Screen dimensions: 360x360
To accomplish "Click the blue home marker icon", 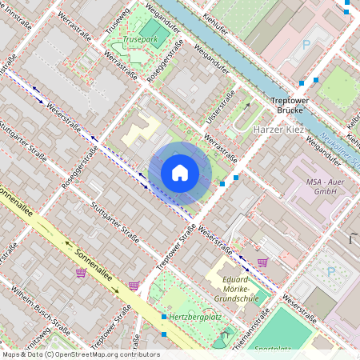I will pos(180,173).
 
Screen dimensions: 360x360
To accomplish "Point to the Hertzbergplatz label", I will pos(190,318).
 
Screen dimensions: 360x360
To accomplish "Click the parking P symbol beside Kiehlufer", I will pos(305,46).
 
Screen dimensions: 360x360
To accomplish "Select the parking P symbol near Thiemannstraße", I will pos(331,271).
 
